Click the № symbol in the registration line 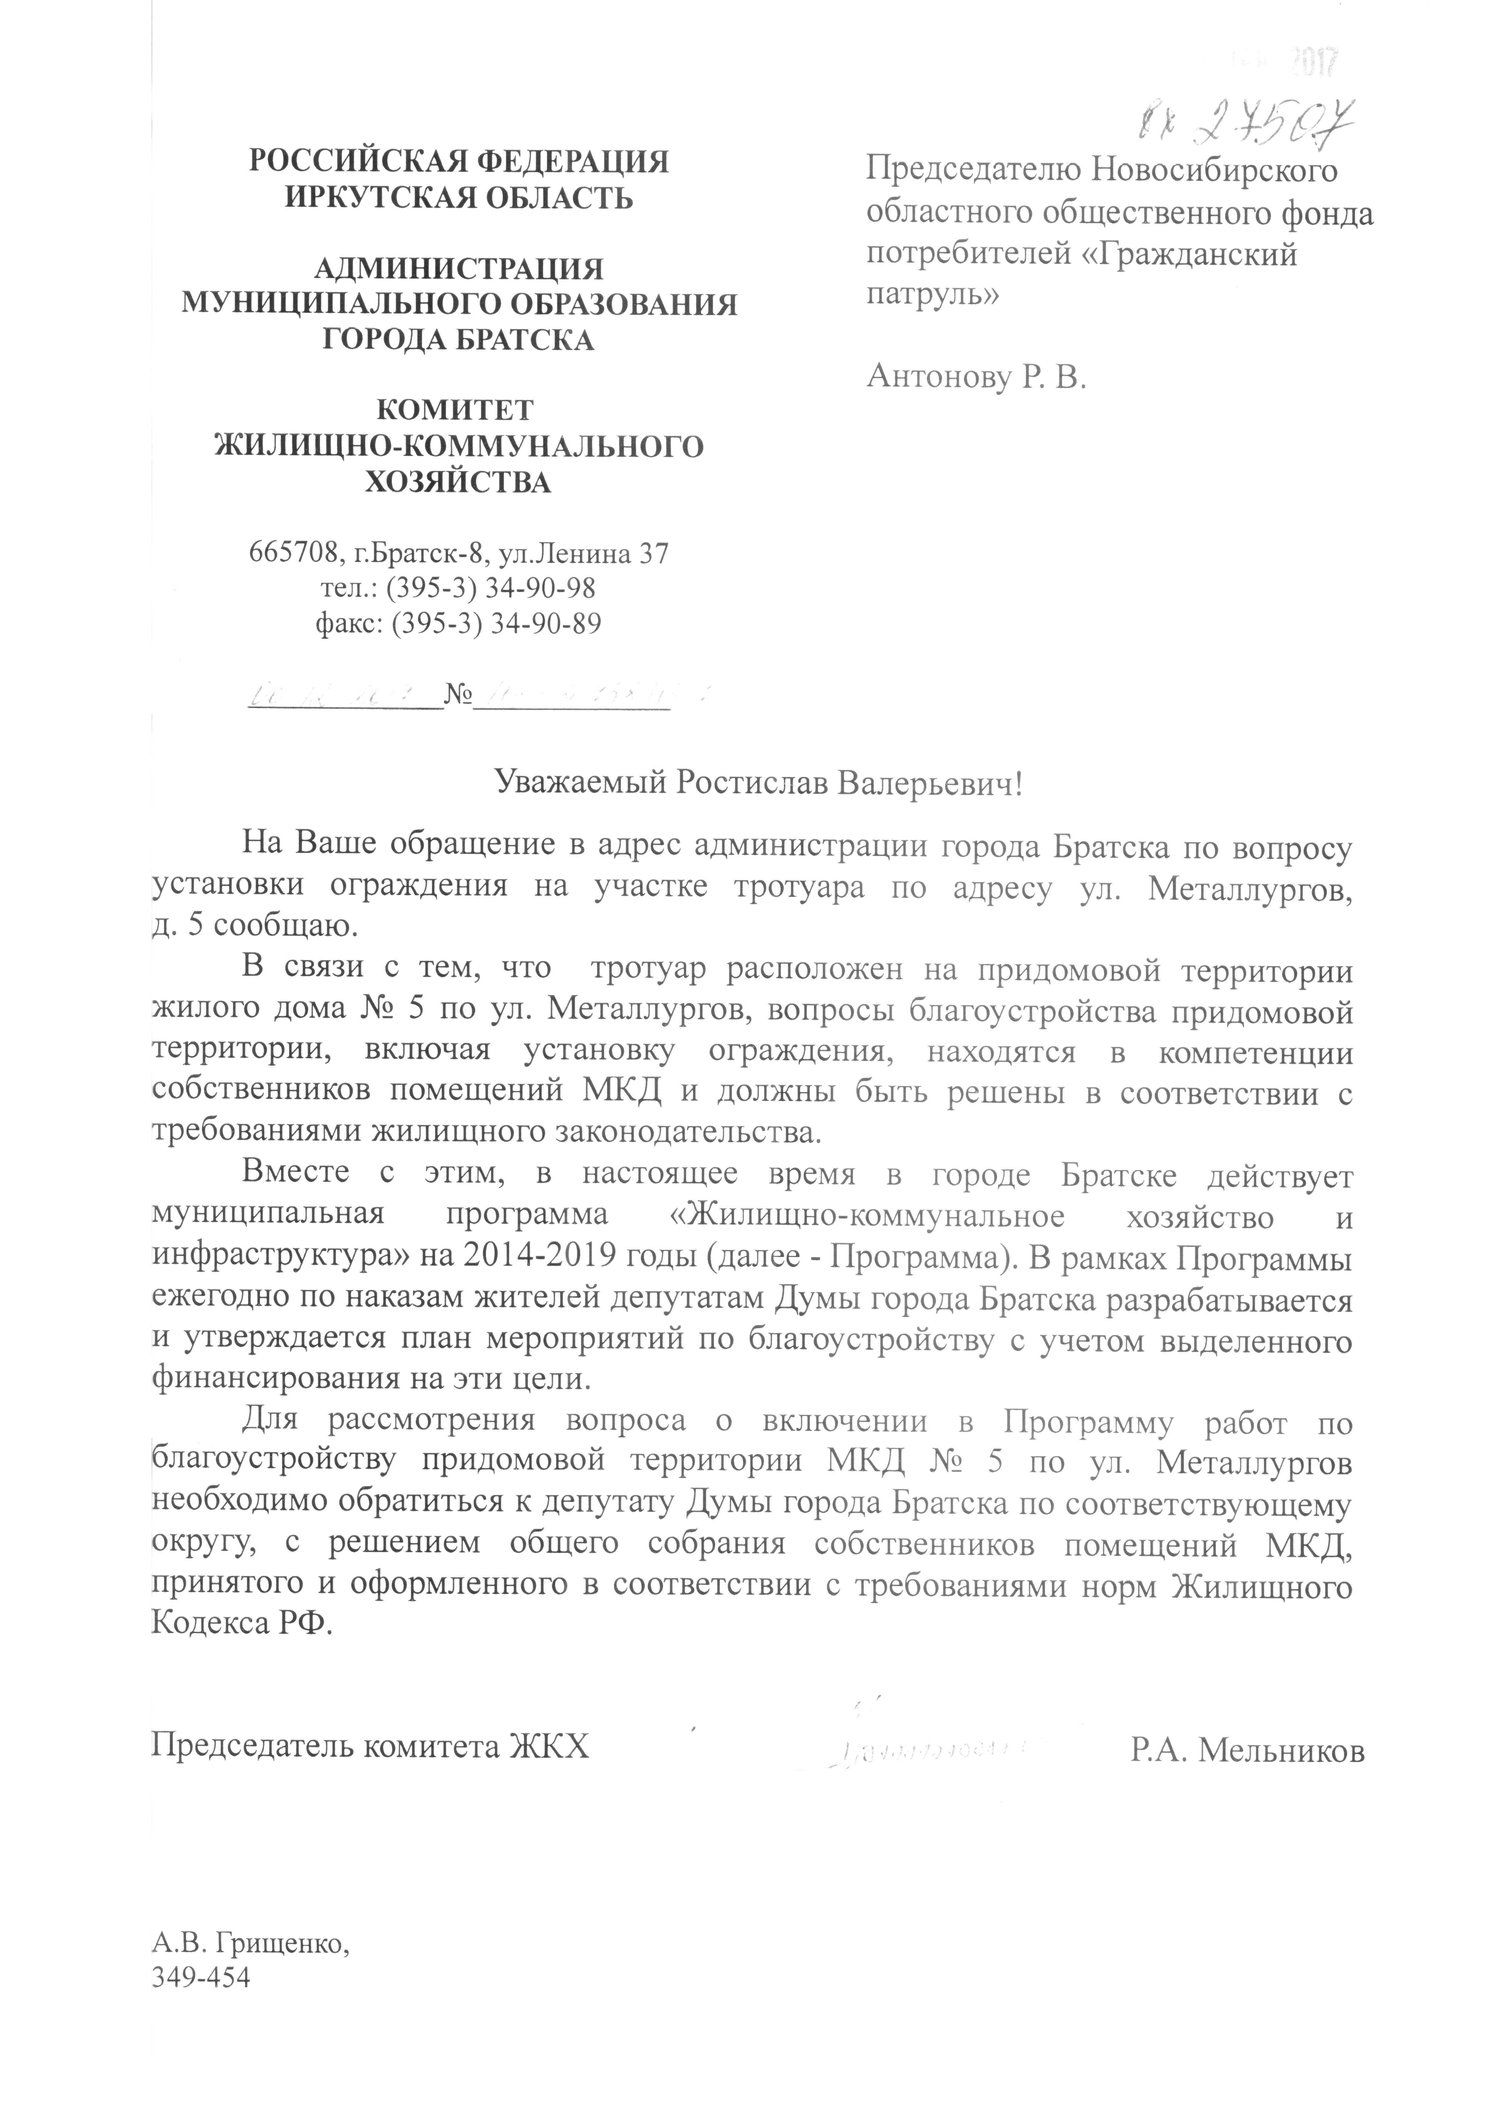(x=458, y=697)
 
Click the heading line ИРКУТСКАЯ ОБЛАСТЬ (x=460, y=197)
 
